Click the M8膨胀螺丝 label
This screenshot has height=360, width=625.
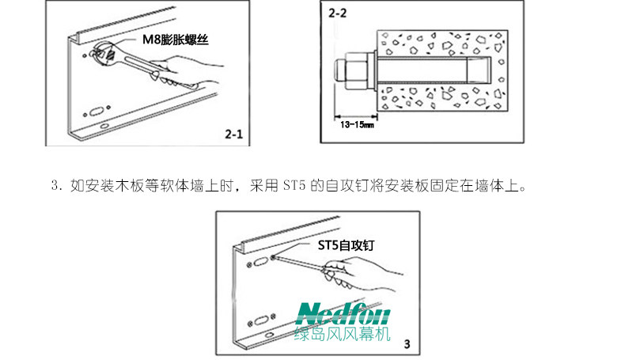pos(178,38)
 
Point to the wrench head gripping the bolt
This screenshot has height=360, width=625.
pos(103,55)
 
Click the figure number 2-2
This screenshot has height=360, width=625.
pos(338,13)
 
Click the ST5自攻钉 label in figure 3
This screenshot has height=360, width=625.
pos(345,246)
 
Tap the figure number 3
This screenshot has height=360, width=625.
pos(407,344)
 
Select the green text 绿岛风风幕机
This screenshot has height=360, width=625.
pos(343,335)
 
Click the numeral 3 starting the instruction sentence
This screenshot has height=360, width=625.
pos(54,188)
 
